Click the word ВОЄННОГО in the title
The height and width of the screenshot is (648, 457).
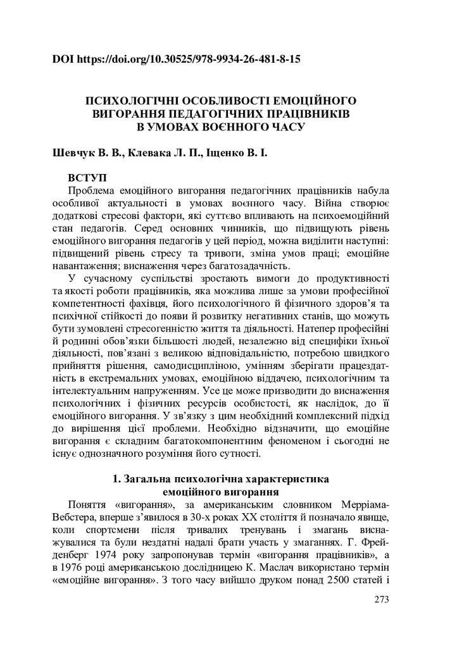coord(234,125)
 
